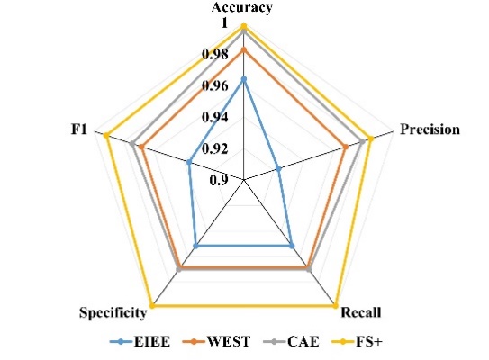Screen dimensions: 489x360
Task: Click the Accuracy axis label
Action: click(241, 8)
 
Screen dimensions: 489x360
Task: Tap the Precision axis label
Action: click(430, 130)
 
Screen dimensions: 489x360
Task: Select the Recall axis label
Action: click(361, 312)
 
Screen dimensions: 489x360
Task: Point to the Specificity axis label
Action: click(113, 312)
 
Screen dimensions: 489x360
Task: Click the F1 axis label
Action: click(78, 130)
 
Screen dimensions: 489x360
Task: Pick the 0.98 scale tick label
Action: click(215, 54)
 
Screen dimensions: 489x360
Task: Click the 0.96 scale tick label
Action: click(215, 85)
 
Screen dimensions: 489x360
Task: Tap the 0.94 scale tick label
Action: click(215, 118)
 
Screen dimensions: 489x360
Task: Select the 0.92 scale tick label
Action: click(215, 149)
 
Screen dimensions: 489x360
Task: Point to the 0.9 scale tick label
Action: click(218, 181)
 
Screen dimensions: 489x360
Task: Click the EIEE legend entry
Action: click(140, 342)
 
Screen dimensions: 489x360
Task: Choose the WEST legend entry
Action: click(216, 342)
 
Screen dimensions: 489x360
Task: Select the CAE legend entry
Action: click(292, 342)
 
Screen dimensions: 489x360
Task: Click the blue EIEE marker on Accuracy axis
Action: click(244, 79)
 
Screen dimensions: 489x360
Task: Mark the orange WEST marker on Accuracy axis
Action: click(244, 49)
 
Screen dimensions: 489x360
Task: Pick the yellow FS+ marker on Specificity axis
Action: click(152, 306)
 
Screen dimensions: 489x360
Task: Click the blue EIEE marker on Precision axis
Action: click(279, 169)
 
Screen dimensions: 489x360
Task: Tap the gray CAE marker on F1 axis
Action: click(132, 144)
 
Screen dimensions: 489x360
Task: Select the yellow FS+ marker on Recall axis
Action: click(335, 306)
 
